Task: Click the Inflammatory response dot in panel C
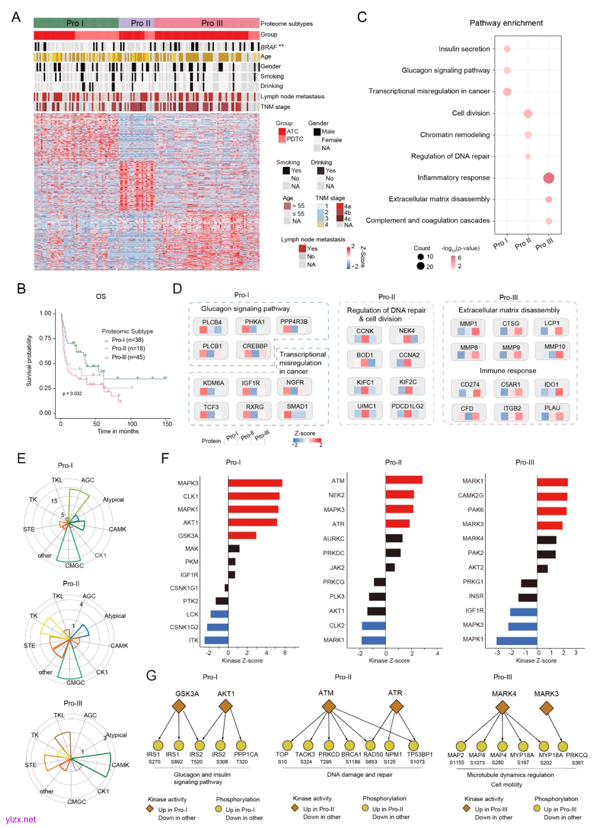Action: (548, 178)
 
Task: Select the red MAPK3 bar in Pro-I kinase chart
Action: (255, 483)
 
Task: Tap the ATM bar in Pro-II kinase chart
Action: (404, 480)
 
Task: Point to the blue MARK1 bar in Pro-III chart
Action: (516, 640)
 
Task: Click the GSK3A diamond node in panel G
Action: (179, 707)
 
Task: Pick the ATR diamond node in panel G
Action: (396, 707)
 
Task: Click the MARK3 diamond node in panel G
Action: (546, 708)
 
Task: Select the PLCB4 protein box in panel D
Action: (212, 325)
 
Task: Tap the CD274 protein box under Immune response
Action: (470, 388)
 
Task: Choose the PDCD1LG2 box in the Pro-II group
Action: (408, 410)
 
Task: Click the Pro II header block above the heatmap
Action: (137, 23)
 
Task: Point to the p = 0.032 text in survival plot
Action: (72, 394)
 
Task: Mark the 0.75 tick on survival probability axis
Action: (45, 338)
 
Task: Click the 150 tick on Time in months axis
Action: (167, 424)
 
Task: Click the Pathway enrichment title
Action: (506, 23)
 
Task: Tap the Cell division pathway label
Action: (471, 113)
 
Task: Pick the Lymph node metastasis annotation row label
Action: (292, 97)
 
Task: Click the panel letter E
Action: (21, 459)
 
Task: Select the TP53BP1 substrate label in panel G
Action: (419, 754)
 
